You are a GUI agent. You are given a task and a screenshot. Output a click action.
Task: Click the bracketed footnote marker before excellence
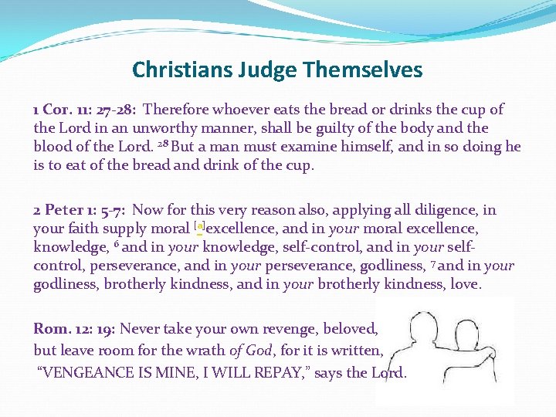tap(199, 228)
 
